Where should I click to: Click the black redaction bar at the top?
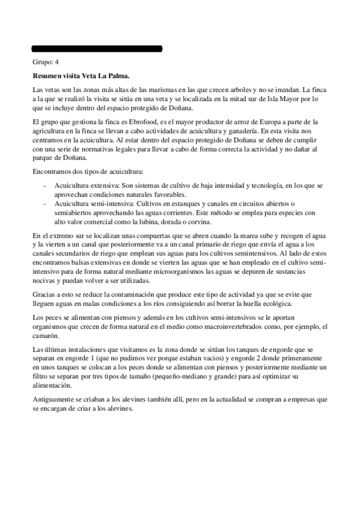(x=97, y=48)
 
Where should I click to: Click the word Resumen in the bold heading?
(x=48, y=76)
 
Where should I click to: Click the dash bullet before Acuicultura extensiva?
(x=45, y=187)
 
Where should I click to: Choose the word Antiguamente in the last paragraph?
(x=53, y=399)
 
